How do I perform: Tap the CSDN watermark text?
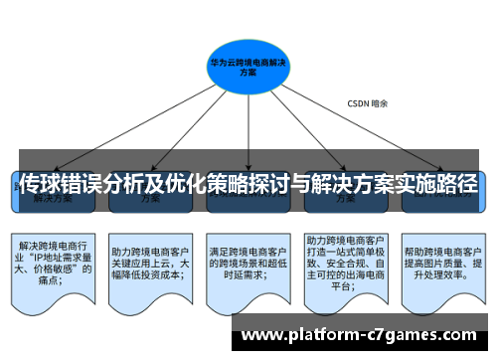pos(367,103)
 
